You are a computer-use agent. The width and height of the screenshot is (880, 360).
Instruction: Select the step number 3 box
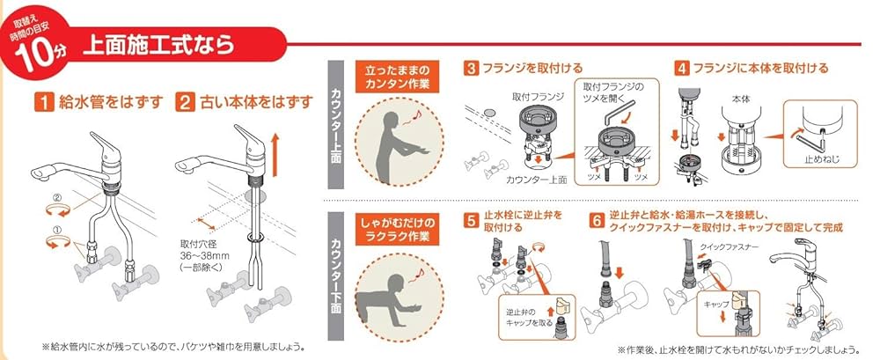point(473,67)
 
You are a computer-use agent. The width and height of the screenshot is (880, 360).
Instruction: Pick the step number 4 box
point(682,67)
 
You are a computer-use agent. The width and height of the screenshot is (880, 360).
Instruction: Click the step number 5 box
point(473,217)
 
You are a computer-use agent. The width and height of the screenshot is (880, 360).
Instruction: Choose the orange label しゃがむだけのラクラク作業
point(391,227)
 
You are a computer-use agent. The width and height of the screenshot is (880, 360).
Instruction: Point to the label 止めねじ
point(811,159)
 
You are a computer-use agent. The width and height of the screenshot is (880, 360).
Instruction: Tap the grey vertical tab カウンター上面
point(336,123)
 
